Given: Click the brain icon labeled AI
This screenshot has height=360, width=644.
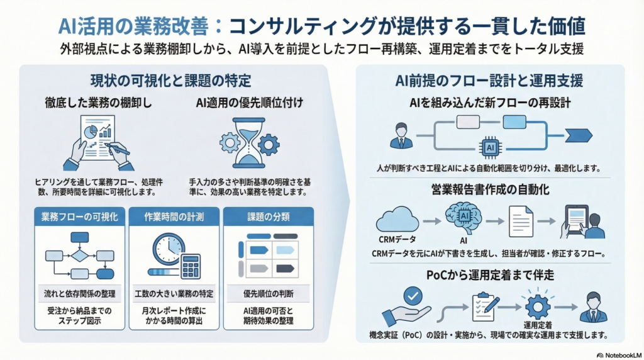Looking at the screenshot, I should point(465,219).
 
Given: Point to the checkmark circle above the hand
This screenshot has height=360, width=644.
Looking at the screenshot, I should point(411,296).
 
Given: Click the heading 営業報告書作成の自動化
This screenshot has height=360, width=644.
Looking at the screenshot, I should point(490,189).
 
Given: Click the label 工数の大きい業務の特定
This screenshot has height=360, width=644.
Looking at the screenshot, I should point(174,294).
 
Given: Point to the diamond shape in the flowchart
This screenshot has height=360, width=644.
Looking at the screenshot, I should point(79,256).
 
